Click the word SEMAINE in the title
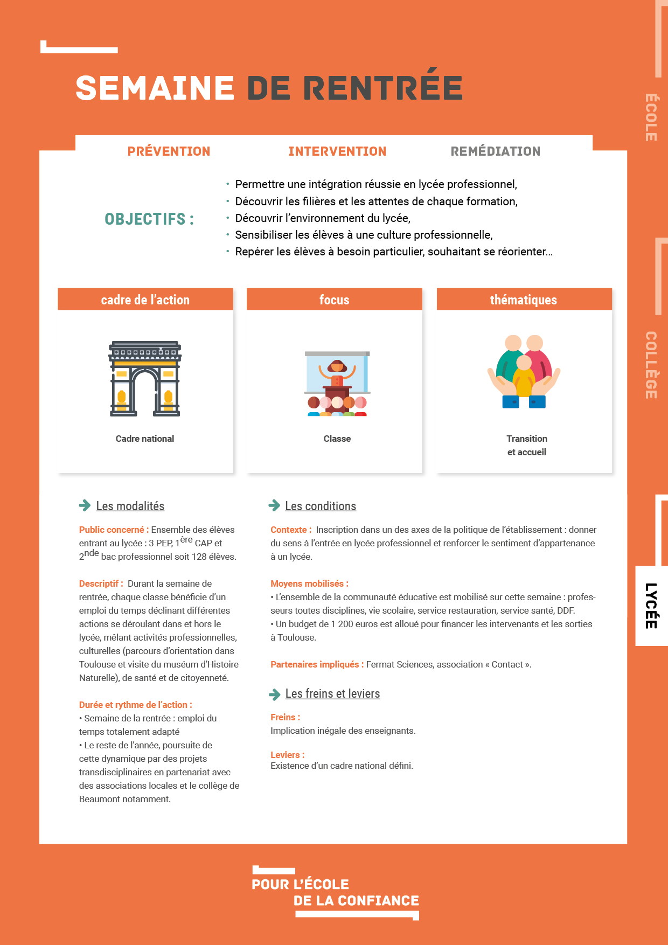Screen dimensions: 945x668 155,88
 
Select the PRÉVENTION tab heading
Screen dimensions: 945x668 169,151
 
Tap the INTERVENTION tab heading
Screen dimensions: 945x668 337,151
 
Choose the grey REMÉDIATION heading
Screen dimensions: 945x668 495,151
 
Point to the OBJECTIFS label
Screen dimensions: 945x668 149,219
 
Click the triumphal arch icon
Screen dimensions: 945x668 145,379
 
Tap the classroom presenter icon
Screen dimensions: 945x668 337,384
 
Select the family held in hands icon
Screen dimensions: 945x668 524,372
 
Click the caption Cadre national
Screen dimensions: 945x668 145,439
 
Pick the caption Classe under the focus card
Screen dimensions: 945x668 337,439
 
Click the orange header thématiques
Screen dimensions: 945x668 524,300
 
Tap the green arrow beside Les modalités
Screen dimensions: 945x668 85,505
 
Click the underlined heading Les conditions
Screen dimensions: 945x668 321,506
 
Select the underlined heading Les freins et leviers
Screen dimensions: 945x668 332,693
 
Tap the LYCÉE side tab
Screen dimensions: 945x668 651,606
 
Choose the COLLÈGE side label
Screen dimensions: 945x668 651,365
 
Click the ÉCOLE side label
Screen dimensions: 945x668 651,117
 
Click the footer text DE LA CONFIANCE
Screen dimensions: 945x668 356,901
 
